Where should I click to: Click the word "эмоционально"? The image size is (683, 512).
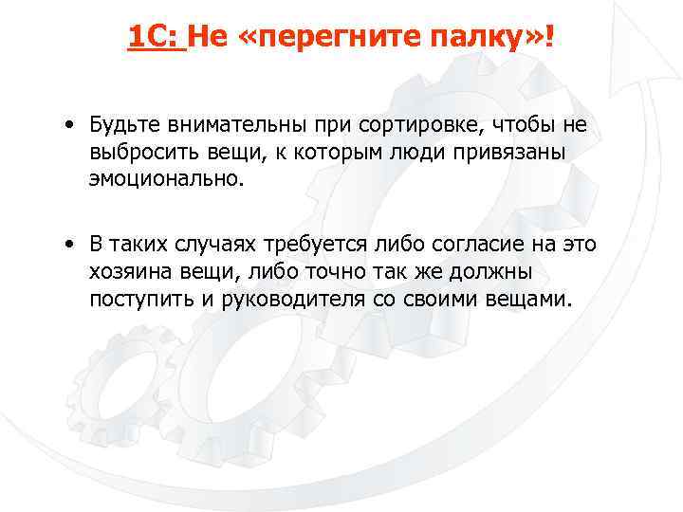tap(164, 178)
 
